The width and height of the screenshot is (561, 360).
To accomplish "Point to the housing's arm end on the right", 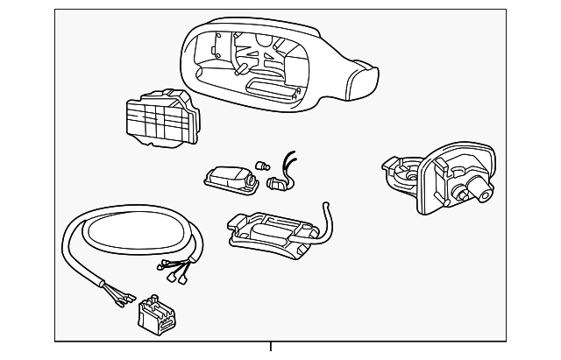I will [x=360, y=81].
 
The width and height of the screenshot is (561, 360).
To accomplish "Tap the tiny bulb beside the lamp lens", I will [x=261, y=163].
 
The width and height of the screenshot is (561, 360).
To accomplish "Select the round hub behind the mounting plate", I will [x=404, y=173].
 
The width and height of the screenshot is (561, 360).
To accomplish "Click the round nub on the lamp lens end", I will [x=252, y=181].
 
